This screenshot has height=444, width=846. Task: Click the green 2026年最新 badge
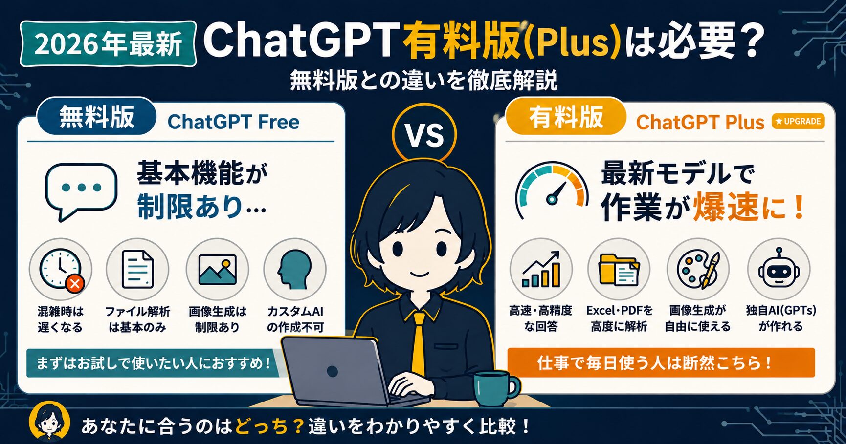[108, 44]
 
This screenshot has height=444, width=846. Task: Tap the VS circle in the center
[424, 135]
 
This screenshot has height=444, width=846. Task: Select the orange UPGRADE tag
[798, 121]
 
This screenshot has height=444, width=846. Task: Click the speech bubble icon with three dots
[81, 191]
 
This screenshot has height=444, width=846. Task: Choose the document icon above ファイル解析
[137, 269]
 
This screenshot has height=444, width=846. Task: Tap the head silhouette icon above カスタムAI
[294, 269]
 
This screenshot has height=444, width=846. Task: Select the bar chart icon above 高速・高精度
[541, 269]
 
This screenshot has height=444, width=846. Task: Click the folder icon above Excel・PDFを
[619, 269]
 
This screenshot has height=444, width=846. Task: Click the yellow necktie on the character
[419, 342]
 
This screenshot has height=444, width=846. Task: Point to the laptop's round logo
[333, 371]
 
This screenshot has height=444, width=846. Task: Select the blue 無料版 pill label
[97, 117]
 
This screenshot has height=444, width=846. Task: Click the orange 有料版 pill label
[566, 117]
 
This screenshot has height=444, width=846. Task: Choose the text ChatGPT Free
[233, 122]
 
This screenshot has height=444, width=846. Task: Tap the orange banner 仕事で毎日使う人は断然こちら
[661, 362]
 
